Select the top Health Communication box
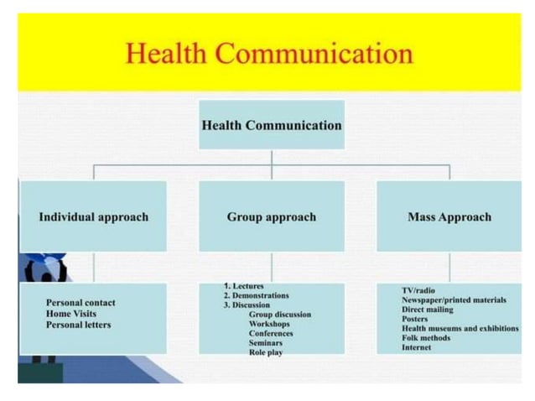click(272, 125)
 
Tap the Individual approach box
click(93, 216)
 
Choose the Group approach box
click(272, 216)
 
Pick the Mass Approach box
click(449, 216)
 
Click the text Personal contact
click(81, 303)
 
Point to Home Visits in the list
click(71, 314)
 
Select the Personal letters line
click(78, 325)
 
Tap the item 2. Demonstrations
click(256, 295)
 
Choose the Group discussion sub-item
click(279, 315)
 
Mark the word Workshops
click(269, 324)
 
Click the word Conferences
click(271, 333)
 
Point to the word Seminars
click(266, 342)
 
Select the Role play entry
click(266, 352)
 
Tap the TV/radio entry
click(418, 290)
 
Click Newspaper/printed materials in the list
click(454, 299)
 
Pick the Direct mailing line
click(428, 310)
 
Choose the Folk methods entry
click(426, 338)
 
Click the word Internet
click(416, 347)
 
